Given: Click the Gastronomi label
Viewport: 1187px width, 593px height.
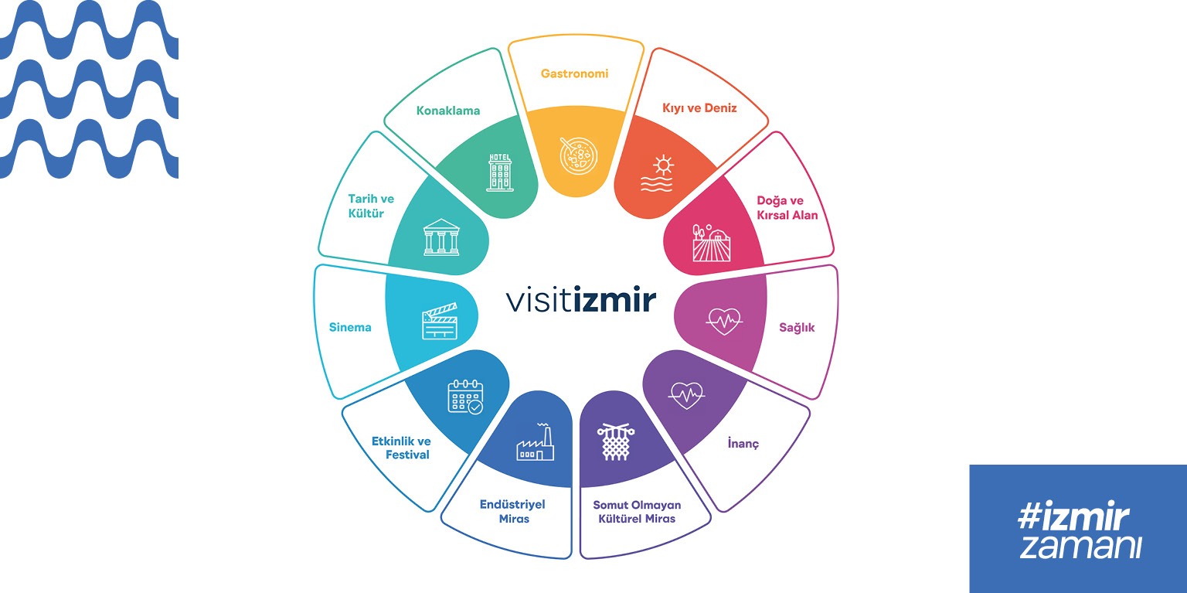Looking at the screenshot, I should click(574, 74).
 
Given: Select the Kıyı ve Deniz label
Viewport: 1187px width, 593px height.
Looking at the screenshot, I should click(699, 108).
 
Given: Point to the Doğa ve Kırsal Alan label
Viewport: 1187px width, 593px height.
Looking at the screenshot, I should click(787, 207).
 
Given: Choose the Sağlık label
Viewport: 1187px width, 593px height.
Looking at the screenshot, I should click(797, 328).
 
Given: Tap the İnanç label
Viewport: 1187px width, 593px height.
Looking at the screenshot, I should click(743, 444).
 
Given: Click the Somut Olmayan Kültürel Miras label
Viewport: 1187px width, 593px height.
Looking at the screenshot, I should click(637, 511).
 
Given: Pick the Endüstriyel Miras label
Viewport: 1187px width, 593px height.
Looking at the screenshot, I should click(512, 511).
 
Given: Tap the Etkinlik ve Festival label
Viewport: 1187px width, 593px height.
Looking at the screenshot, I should click(400, 448).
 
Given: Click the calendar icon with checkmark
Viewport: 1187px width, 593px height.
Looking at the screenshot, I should click(465, 396).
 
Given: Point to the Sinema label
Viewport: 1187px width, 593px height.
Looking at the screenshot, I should click(350, 327).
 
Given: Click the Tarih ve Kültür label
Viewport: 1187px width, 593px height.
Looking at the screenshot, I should click(371, 206).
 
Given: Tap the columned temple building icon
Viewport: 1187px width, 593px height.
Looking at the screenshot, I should click(441, 237).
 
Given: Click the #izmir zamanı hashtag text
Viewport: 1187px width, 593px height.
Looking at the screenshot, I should click(1078, 530).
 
